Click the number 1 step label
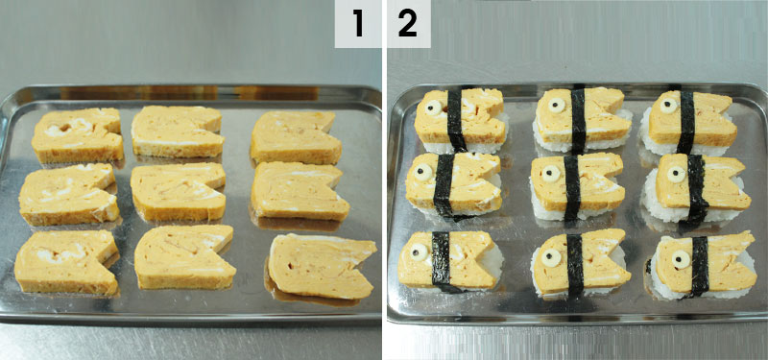pos(358,24)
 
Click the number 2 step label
pos(407,24)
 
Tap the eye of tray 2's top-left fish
pos(434,108)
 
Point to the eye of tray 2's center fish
pos(551,173)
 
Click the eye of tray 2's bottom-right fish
pos(681,259)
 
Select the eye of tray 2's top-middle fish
pos(557,105)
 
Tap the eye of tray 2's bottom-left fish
pos(419,252)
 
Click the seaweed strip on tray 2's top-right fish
pos(686,122)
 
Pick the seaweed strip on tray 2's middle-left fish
pos(444,185)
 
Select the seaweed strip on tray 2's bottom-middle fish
pos(575,265)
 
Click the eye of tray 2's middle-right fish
pos(677,175)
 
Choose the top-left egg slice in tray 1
pos(78,134)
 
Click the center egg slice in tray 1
pos(179,191)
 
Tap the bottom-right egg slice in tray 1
pos(321,266)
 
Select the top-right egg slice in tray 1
pos(296,136)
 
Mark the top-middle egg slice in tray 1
pos(178,132)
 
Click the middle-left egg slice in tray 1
pos(68,194)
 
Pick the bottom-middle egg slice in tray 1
pos(184,256)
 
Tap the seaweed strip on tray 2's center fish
pos(571,188)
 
